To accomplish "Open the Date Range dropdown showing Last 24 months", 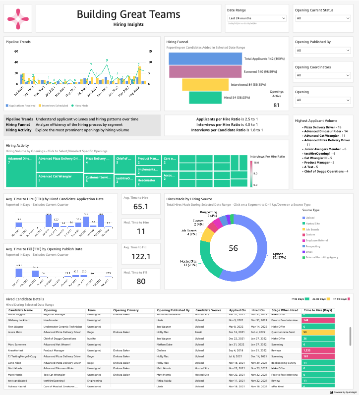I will [256, 18].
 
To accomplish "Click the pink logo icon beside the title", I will [19, 19].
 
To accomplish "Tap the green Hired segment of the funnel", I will [205, 98].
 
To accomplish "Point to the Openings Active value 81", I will [277, 105].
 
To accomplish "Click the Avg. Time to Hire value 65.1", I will [141, 207].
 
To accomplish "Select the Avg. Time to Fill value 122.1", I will [141, 256].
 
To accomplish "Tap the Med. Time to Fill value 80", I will [141, 281].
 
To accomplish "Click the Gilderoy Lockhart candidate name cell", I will [20, 321].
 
